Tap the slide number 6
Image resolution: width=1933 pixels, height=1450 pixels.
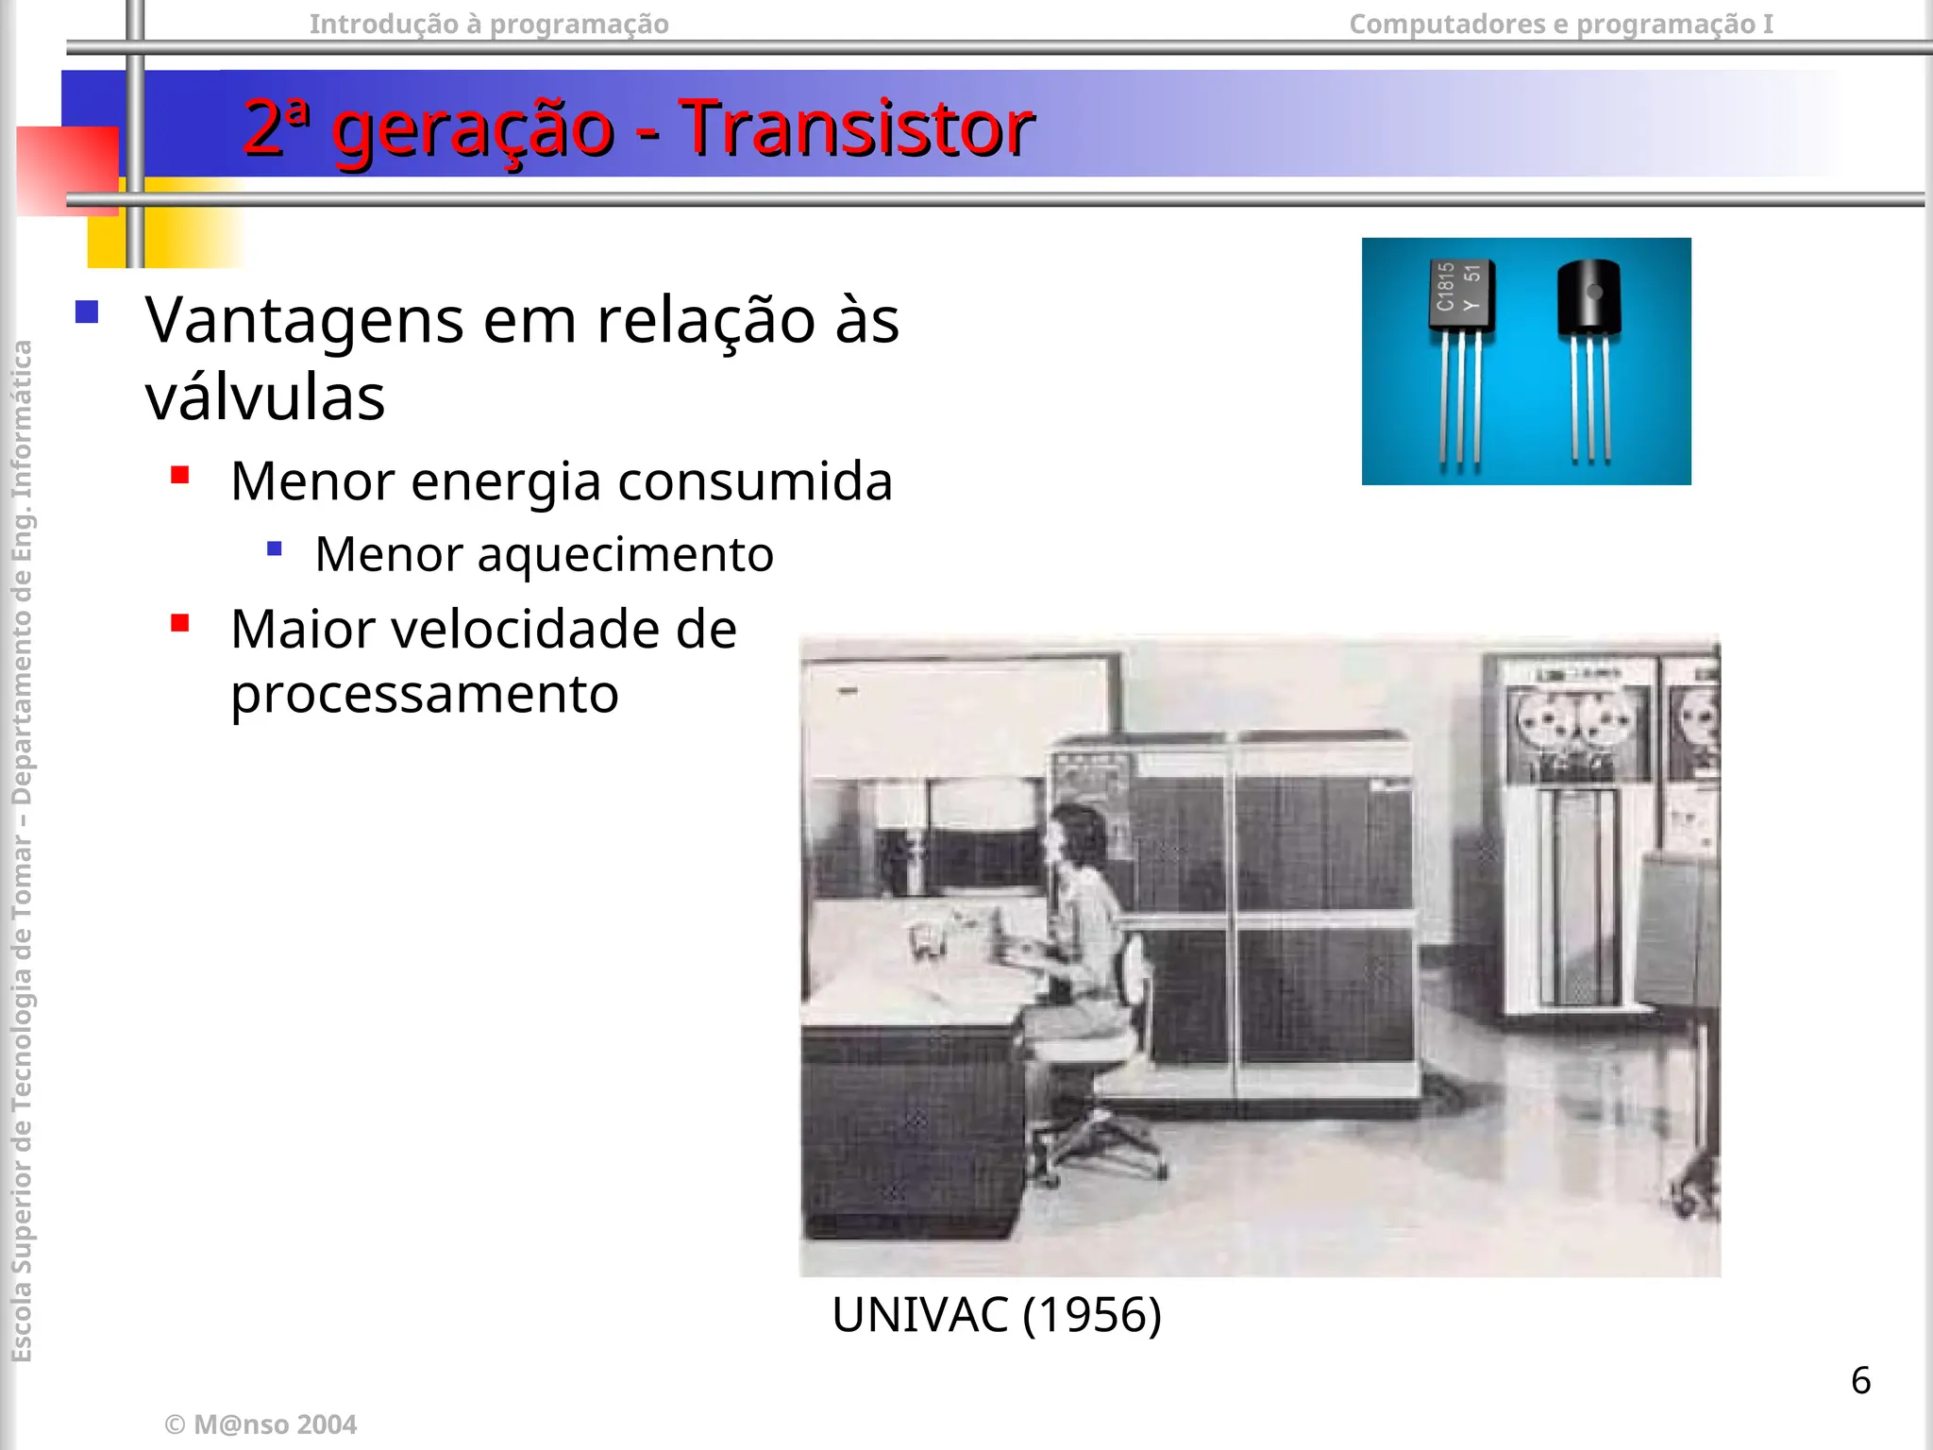pyautogui.click(x=1860, y=1380)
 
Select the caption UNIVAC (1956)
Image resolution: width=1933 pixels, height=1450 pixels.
pyautogui.click(x=996, y=1314)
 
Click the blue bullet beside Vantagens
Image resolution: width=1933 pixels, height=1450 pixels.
pyautogui.click(x=87, y=312)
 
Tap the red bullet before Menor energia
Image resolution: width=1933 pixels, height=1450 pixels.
pyautogui.click(x=180, y=475)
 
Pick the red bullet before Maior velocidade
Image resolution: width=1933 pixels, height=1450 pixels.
pyautogui.click(x=180, y=623)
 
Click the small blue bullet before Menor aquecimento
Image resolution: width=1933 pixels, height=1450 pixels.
pyautogui.click(x=275, y=548)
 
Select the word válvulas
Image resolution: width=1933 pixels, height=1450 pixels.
pyautogui.click(x=265, y=397)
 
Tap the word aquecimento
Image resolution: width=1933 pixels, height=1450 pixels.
pyautogui.click(x=625, y=554)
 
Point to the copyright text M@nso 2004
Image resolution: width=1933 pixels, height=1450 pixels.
pyautogui.click(x=261, y=1425)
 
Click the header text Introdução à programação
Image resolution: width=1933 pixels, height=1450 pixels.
pyautogui.click(x=489, y=24)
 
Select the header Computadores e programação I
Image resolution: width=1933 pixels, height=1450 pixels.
pyautogui.click(x=1561, y=24)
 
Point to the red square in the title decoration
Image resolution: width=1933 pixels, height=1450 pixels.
pyautogui.click(x=67, y=171)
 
